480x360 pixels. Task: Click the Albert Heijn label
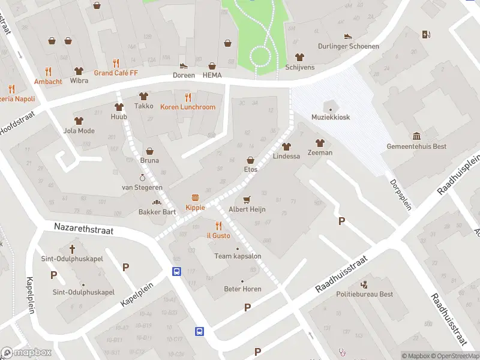pos(246,209)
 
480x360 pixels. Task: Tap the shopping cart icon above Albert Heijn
pos(246,199)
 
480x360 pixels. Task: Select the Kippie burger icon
pos(195,197)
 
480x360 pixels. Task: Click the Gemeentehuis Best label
pos(416,147)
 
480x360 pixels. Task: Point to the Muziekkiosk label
pos(330,118)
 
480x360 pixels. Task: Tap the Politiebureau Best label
pos(364,294)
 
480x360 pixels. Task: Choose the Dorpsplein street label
pos(401,194)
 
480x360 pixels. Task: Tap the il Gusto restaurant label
pos(218,236)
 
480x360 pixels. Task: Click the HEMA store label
pos(212,75)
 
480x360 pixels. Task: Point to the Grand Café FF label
pos(116,73)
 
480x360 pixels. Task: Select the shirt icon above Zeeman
pos(320,142)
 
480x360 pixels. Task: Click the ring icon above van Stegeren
pos(143,178)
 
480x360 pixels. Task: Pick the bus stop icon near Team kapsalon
pos(177,271)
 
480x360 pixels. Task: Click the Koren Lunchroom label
pos(187,107)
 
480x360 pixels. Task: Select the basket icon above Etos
pos(250,160)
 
